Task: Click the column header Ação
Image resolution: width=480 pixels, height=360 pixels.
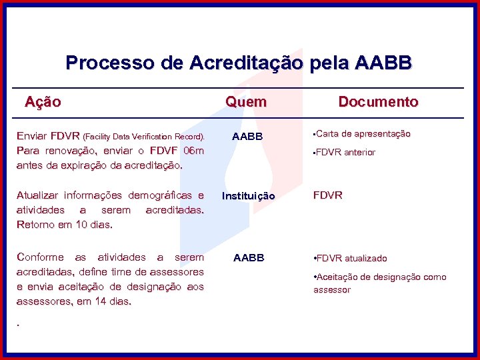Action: tap(43, 102)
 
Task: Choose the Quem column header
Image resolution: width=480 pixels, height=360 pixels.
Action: tap(246, 102)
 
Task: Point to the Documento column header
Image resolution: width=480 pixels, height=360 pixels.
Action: tap(378, 102)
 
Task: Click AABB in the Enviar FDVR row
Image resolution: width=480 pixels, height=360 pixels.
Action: tap(247, 137)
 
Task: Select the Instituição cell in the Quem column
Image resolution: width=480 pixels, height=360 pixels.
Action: tap(248, 196)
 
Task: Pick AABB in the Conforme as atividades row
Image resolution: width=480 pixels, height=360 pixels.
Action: tap(248, 258)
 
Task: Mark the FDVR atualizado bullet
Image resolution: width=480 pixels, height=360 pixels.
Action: tap(351, 258)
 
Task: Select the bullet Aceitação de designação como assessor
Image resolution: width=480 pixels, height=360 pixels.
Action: tap(380, 283)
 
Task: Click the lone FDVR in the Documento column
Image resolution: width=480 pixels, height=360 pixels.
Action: tap(327, 195)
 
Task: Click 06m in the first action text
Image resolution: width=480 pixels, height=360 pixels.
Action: tap(193, 150)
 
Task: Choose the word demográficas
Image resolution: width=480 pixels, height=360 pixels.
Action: tap(161, 195)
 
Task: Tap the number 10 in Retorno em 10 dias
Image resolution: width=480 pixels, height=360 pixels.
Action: tap(80, 224)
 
